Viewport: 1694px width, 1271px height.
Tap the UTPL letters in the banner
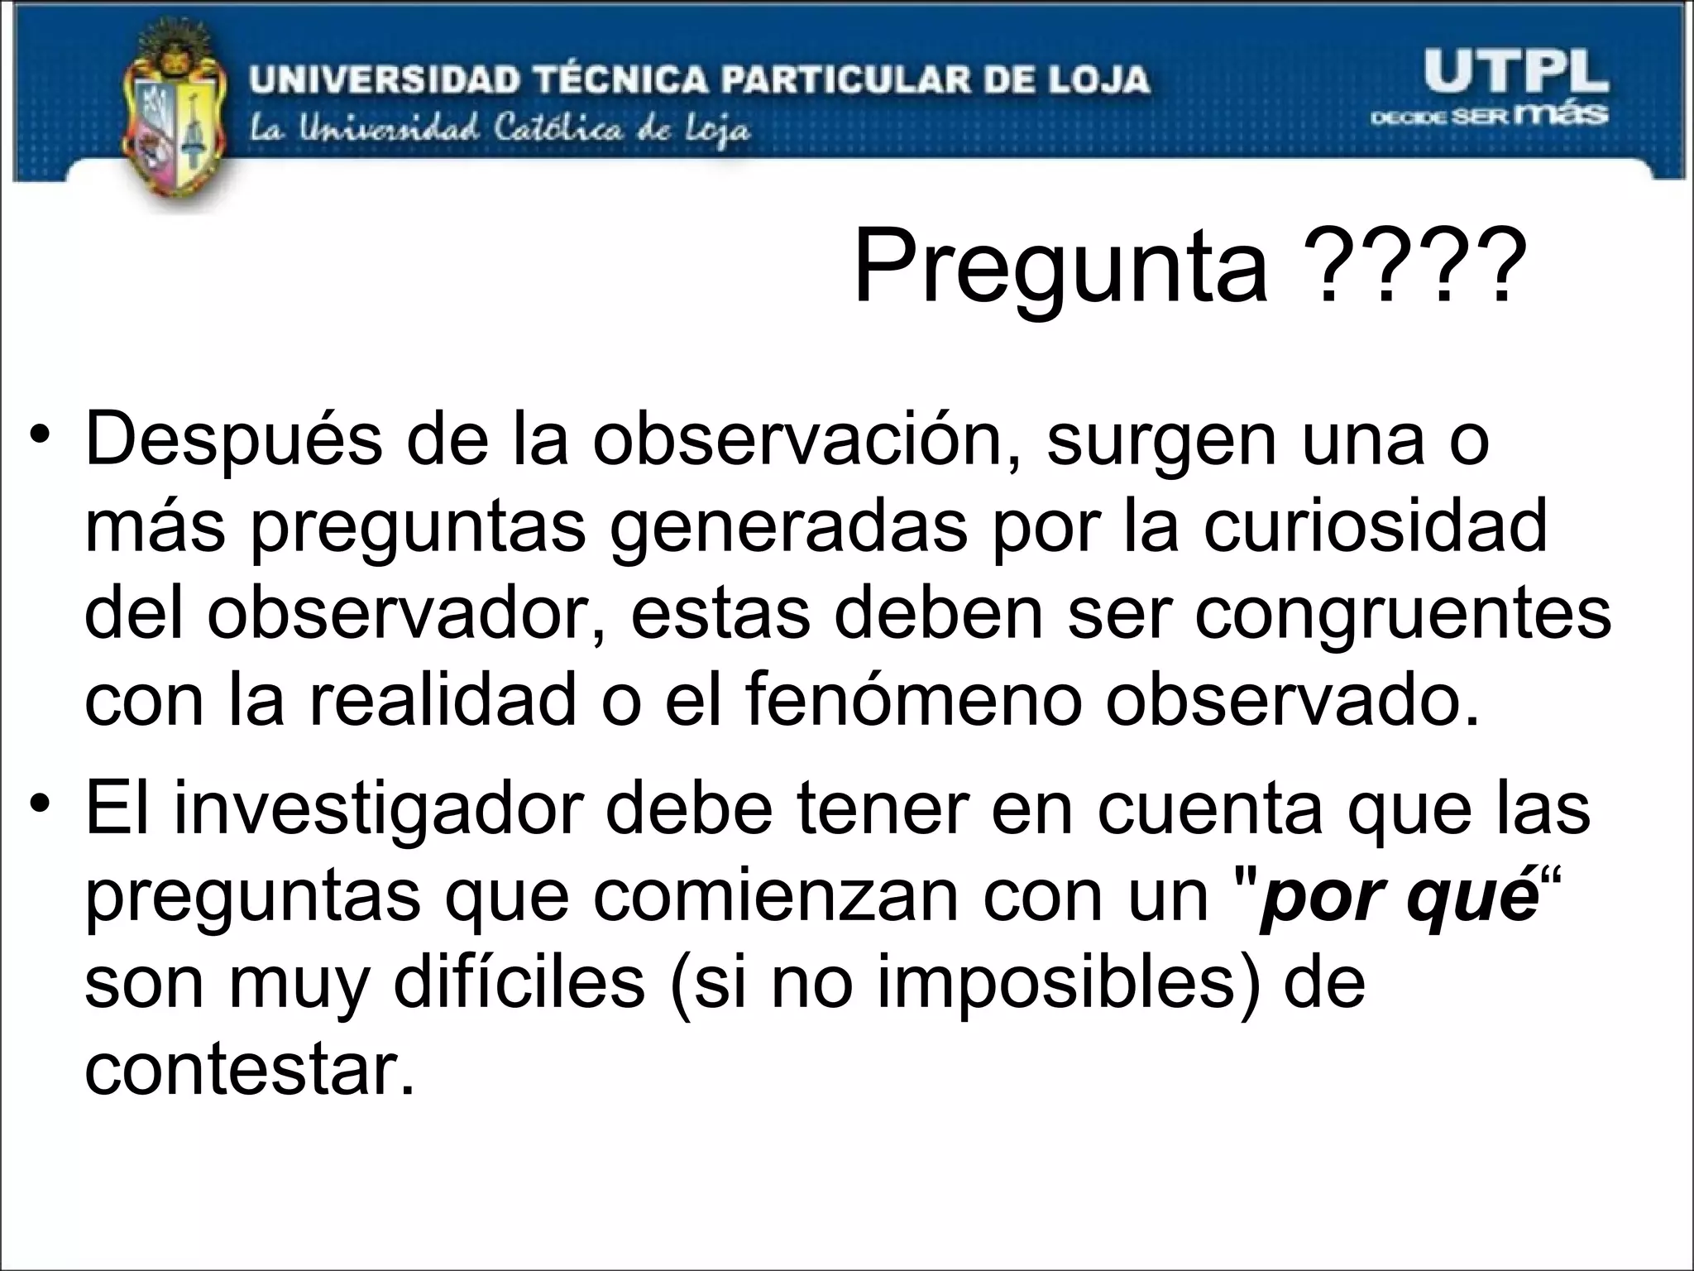coord(1515,73)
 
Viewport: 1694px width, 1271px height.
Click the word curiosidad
coord(1375,527)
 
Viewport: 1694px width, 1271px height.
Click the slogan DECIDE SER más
coord(1489,115)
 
